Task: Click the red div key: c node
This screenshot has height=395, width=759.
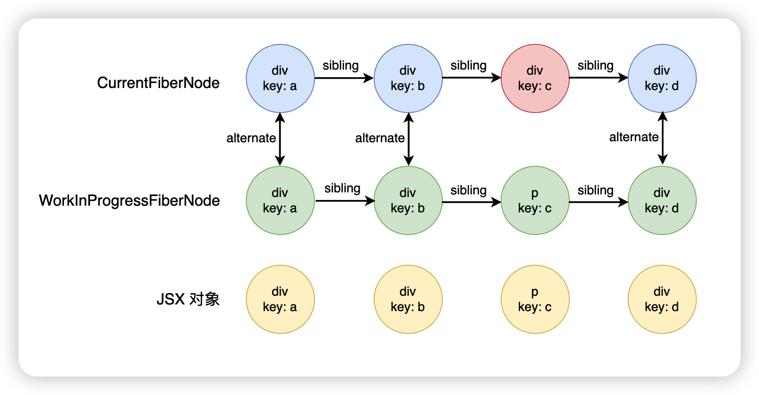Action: click(x=535, y=78)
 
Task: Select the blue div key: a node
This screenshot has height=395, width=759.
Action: click(x=280, y=78)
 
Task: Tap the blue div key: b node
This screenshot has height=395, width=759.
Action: click(x=408, y=78)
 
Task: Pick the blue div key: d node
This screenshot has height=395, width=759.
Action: click(x=662, y=78)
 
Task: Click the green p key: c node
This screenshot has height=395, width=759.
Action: click(x=535, y=201)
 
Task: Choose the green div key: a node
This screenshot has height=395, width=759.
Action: click(x=280, y=201)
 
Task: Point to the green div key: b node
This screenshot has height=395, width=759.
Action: click(x=408, y=201)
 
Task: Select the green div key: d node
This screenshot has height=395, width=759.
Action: click(x=662, y=201)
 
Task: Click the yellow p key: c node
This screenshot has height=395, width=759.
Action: click(x=535, y=299)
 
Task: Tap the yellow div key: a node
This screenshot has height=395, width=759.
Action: click(x=280, y=299)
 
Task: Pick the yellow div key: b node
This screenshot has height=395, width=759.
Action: click(x=408, y=299)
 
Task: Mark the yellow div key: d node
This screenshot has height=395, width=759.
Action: click(x=662, y=299)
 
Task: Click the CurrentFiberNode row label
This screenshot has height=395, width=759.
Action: click(x=159, y=83)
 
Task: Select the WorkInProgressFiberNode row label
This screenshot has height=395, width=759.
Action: click(x=129, y=201)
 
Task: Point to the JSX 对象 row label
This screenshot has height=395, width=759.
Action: click(x=188, y=299)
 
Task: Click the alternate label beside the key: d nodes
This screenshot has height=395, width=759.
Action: click(x=634, y=137)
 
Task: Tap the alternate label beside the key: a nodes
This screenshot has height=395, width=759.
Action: click(x=251, y=138)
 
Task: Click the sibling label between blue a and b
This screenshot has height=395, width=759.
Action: click(x=341, y=66)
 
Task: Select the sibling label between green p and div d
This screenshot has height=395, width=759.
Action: click(x=595, y=190)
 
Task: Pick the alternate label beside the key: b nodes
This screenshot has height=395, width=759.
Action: click(x=380, y=138)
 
